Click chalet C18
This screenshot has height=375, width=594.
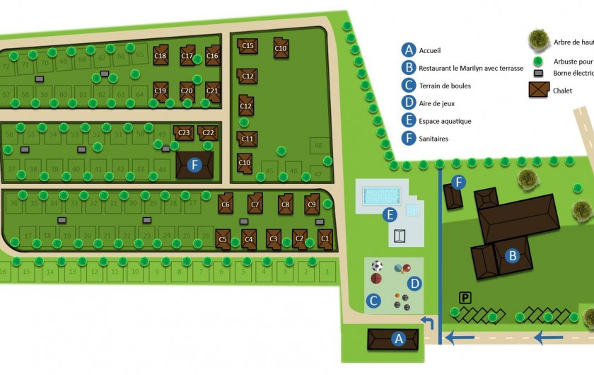(161, 56)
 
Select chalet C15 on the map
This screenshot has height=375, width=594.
(248, 46)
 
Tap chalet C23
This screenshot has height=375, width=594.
(184, 132)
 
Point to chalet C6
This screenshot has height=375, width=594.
(226, 204)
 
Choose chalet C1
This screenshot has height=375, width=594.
(325, 238)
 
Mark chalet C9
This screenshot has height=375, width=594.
(312, 204)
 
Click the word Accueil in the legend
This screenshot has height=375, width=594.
(430, 51)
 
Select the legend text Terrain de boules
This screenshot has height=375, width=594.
(445, 86)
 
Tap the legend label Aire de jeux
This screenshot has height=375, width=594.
(437, 104)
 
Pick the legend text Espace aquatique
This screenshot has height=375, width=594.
(445, 121)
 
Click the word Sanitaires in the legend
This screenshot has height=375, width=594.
(433, 139)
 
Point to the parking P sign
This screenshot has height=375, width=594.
(465, 298)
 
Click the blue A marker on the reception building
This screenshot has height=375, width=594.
(398, 340)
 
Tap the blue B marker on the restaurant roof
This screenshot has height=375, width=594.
(513, 255)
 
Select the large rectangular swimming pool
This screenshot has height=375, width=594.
(381, 195)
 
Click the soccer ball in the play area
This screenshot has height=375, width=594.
(377, 266)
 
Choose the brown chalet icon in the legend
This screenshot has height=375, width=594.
(539, 91)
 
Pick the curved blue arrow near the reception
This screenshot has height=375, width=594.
(429, 323)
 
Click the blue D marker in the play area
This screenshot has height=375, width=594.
(415, 284)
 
